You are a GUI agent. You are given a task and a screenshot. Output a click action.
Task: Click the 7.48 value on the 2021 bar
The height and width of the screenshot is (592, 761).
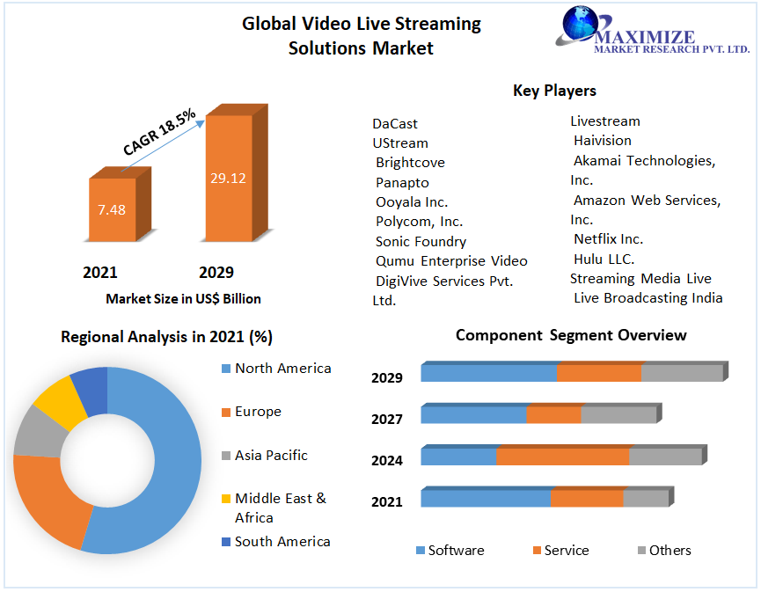112,209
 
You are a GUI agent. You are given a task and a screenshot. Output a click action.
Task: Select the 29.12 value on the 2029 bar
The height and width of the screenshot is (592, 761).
228,178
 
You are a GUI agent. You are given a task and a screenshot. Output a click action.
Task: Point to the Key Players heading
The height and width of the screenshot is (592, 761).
554,91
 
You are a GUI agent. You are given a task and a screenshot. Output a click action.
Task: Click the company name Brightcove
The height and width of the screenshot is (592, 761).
410,163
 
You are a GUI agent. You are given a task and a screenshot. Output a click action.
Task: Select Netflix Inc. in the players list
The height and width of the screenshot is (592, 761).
608,239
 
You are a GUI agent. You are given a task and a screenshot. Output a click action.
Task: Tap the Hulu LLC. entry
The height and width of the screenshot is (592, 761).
604,259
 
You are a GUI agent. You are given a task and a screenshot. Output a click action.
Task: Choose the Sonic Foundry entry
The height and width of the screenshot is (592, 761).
421,241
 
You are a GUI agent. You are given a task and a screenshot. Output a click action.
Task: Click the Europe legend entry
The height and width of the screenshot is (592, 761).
258,412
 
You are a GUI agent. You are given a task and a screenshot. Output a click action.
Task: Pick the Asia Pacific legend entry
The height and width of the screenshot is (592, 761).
271,456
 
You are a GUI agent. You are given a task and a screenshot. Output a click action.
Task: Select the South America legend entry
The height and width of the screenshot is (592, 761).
282,542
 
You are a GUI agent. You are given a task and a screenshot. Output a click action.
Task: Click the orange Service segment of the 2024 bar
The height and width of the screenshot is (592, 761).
563,457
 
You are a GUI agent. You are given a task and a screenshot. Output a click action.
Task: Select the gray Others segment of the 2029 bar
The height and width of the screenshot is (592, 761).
682,373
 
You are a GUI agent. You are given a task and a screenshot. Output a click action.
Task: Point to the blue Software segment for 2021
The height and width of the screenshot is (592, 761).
486,499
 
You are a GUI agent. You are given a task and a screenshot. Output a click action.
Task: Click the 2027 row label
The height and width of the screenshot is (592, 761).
387,420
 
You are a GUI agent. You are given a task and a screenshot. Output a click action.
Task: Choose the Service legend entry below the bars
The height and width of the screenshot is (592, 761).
567,551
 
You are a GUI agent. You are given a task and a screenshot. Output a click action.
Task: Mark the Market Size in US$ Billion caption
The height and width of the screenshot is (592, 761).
183,299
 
